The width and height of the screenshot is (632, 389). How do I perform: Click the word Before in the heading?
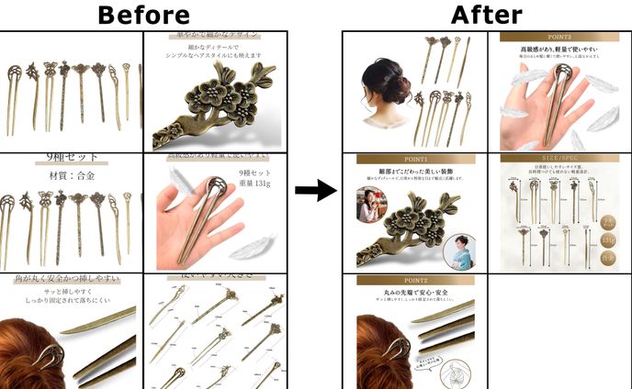(143, 15)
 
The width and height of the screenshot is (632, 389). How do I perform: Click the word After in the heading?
(486, 14)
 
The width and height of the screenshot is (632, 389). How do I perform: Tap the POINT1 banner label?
(415, 159)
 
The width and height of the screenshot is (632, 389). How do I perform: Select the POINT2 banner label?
(415, 280)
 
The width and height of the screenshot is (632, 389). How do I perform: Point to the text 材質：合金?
(71, 175)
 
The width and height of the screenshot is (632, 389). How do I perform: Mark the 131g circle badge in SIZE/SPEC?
(608, 240)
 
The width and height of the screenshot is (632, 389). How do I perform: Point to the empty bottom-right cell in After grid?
(559, 330)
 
